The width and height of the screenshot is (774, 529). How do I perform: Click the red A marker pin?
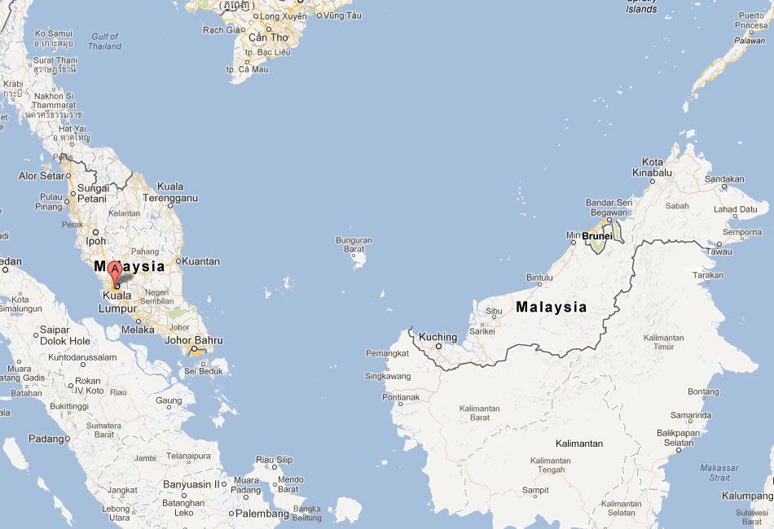(116, 272)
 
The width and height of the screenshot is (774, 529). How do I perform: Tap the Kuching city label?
(438, 337)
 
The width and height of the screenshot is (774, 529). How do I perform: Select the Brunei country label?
(597, 236)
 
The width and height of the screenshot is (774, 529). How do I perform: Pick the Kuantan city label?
(200, 261)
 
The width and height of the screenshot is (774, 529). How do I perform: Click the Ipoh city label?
(96, 241)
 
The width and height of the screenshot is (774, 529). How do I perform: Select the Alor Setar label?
(41, 176)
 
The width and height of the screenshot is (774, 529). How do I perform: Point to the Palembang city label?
(262, 514)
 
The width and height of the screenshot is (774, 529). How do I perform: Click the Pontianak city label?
(399, 397)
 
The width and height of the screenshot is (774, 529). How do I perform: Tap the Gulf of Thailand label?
(105, 42)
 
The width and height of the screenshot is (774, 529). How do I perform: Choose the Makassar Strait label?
(719, 472)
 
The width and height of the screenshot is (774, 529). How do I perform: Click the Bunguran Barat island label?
(354, 245)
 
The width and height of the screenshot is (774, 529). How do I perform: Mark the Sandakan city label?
(724, 178)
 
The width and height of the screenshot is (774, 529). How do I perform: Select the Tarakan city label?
(706, 275)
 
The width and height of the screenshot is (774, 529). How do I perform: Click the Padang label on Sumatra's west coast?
(46, 439)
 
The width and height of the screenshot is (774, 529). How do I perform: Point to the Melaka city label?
(138, 330)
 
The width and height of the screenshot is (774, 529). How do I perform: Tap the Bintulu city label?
(539, 278)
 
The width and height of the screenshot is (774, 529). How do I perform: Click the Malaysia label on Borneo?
(551, 307)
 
